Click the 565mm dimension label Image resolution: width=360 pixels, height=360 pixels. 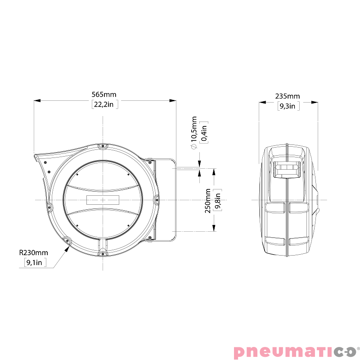pos(104,94)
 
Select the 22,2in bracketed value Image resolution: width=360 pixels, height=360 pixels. pos(104,105)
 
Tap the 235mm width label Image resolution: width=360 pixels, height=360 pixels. pos(288,96)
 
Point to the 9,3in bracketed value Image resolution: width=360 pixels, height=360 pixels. pos(288,106)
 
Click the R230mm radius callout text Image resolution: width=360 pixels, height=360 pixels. pos(33,253)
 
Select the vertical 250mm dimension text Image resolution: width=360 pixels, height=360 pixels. pos(207,201)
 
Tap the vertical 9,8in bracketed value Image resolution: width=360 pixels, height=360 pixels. pos(217,201)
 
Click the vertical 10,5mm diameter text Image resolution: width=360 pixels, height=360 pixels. pos(194,130)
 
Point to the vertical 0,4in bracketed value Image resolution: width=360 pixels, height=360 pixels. pos(204,132)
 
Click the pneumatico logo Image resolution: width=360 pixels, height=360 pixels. pos(295,351)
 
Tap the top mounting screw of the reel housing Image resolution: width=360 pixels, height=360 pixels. pos(103,146)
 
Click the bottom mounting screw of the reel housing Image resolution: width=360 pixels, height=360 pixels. pos(103,254)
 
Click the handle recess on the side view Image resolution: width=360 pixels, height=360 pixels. pos(287,171)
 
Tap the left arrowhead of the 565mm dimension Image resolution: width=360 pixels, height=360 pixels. pos(36,100)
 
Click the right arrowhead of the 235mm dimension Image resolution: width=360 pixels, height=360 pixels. pos(316,102)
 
